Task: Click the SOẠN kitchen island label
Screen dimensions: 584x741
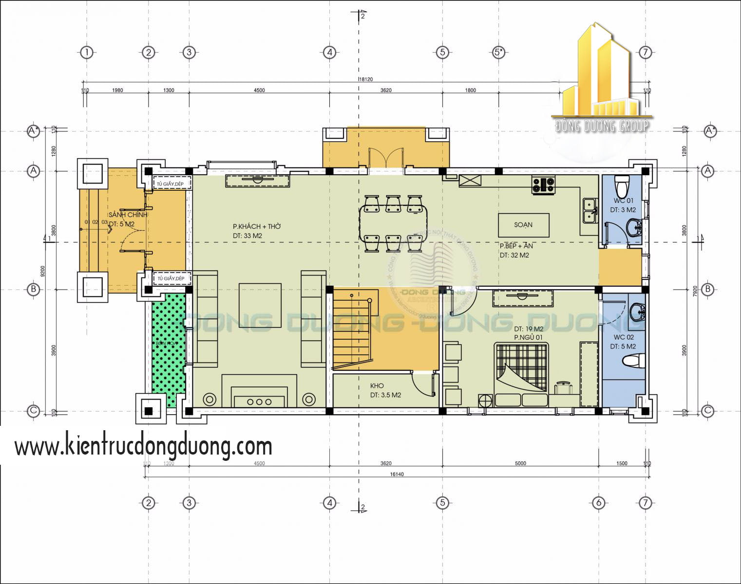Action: point(523,225)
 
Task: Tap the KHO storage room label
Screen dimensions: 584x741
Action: point(377,386)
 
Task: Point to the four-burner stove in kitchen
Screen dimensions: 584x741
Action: point(543,184)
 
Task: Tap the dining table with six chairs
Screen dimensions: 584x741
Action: point(393,223)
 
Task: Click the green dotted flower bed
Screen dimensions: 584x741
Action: point(169,348)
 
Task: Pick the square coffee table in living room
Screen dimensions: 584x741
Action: point(260,305)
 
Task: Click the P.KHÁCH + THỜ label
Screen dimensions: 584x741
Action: point(256,226)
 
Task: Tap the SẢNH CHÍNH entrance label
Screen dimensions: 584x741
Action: point(128,215)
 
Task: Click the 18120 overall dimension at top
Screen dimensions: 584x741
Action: point(365,79)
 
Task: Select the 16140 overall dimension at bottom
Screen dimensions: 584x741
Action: point(398,474)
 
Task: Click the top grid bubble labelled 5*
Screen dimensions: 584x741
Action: point(498,52)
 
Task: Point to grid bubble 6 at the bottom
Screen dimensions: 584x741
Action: point(599,503)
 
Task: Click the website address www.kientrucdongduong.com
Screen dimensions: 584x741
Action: point(143,446)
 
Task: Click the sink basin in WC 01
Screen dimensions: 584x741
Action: point(634,226)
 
